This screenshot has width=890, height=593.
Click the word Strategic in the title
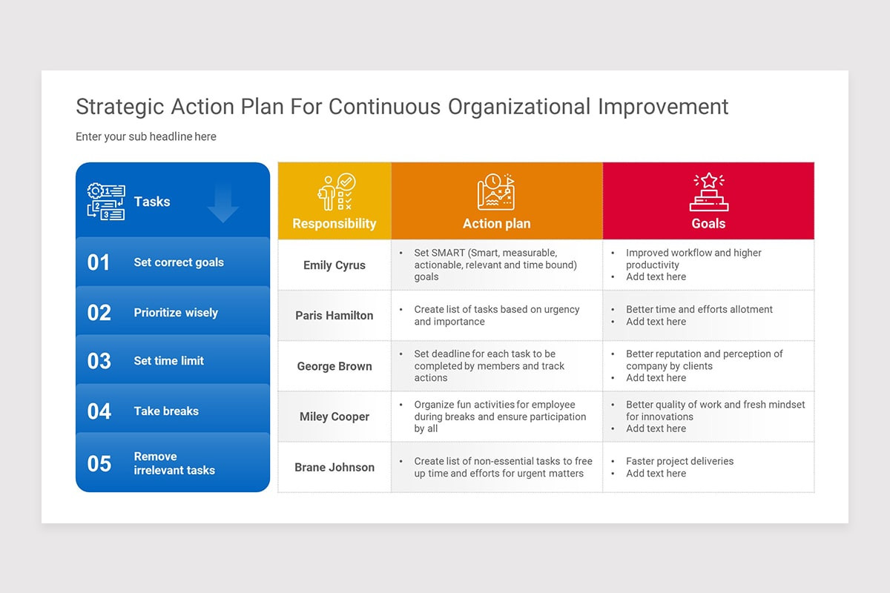[x=119, y=107]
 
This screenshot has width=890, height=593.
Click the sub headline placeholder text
[x=146, y=136]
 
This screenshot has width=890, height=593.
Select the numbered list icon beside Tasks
[x=106, y=202]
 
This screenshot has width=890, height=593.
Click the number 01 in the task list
[x=99, y=262]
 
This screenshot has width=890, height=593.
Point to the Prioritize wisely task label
[x=176, y=313]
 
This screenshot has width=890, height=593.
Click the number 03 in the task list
[x=99, y=361]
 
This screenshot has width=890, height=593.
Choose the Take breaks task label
[x=166, y=411]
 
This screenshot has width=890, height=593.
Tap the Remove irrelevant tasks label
[x=174, y=463]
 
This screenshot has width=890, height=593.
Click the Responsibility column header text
[x=334, y=224]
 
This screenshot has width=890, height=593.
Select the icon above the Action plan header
[x=496, y=192]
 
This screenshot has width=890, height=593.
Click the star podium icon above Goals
[x=708, y=192]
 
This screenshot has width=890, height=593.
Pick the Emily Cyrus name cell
[x=334, y=265]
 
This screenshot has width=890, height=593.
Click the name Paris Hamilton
[x=334, y=316]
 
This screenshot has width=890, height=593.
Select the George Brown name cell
[x=334, y=366]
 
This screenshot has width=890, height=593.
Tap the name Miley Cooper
[x=334, y=417]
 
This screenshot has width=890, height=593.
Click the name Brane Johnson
[x=334, y=468]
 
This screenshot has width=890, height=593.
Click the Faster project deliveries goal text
[x=679, y=461]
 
